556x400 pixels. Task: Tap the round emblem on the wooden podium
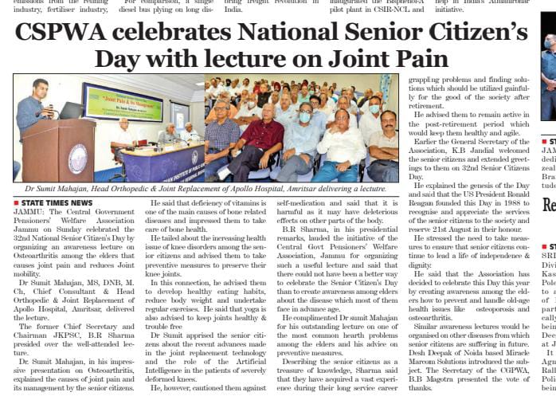(76, 157)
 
